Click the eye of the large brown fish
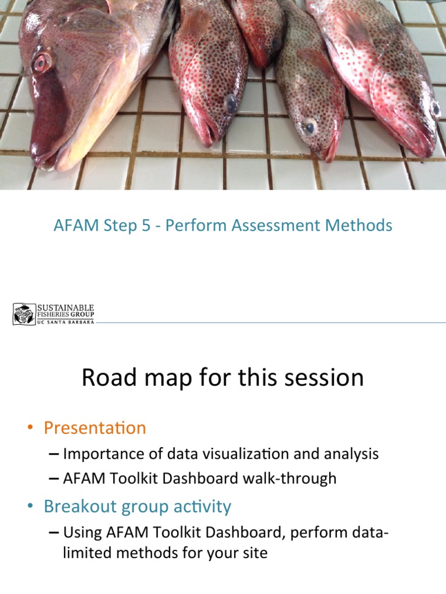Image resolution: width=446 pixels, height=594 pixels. (41, 62)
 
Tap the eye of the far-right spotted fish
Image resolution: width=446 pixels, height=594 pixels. (435, 108)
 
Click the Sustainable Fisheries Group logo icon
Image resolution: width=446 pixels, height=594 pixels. (24, 314)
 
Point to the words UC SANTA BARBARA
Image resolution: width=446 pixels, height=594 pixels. (65, 322)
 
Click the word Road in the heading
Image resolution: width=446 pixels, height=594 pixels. (104, 378)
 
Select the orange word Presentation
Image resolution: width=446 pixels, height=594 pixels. (95, 428)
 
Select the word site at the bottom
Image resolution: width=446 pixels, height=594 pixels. (255, 553)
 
